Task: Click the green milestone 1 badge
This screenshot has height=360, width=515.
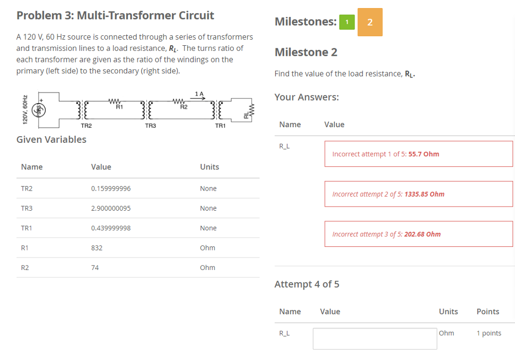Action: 347,22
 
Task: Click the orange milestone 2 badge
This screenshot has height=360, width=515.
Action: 370,22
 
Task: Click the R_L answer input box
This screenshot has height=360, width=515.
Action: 375,338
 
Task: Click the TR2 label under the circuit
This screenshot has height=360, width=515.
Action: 87,126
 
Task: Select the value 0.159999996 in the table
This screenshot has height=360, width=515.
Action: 111,189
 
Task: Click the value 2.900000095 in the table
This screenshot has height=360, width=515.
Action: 111,208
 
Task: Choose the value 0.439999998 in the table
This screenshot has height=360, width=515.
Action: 111,228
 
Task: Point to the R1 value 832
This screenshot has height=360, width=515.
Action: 97,248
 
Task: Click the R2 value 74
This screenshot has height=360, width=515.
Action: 95,267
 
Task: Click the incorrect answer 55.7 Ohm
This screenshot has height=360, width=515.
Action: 423,154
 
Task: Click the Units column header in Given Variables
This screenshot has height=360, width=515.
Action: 210,167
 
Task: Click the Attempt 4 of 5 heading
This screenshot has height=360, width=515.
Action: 307,284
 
